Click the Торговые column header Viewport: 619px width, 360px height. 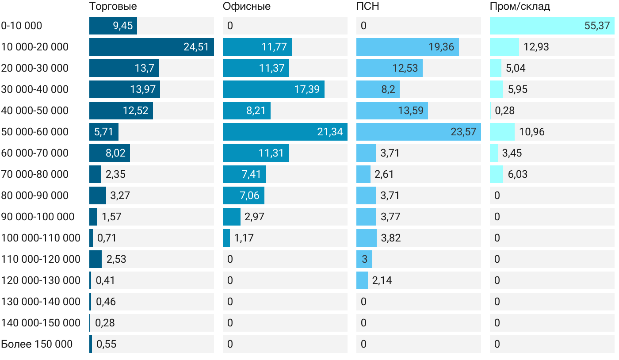coord(113,7)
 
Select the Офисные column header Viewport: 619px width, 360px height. coord(247,7)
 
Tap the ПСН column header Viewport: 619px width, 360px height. coord(367,7)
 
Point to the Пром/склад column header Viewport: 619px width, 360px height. coord(520,7)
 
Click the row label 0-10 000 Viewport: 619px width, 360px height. coord(22,26)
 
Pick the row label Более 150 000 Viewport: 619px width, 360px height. coord(37,344)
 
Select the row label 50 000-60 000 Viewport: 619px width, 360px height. coord(35,132)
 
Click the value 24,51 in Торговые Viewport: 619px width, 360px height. coord(196,47)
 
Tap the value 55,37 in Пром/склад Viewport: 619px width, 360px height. coord(597,26)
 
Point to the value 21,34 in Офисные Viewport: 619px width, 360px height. coord(330,132)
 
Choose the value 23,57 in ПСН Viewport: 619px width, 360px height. coord(463,132)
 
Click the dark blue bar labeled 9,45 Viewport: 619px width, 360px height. coord(113,26)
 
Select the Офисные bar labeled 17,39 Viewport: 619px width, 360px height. coord(274,89)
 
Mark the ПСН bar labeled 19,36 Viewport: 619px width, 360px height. coord(408,47)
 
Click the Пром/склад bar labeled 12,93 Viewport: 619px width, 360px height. coord(504,47)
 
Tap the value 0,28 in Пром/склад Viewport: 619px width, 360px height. coord(504,111)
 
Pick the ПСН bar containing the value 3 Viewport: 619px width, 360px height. coord(364,259)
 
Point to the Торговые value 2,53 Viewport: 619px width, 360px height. coord(116,259)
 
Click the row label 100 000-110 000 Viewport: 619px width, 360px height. coord(41,238)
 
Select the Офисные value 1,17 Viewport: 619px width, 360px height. coord(244,238)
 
